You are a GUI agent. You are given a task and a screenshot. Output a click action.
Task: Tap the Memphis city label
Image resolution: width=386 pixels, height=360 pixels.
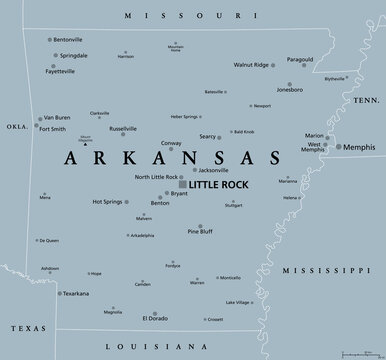[x=357, y=147]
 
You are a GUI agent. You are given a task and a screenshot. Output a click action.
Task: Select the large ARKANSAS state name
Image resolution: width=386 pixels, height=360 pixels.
[x=173, y=158]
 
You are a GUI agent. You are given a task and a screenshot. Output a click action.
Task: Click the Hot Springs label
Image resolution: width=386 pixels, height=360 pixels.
[x=108, y=202]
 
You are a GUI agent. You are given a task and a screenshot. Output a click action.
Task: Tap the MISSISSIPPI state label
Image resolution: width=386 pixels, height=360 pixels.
[x=326, y=271]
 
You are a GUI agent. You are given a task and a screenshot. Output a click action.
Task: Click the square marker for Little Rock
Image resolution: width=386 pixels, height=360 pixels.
[x=181, y=184]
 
